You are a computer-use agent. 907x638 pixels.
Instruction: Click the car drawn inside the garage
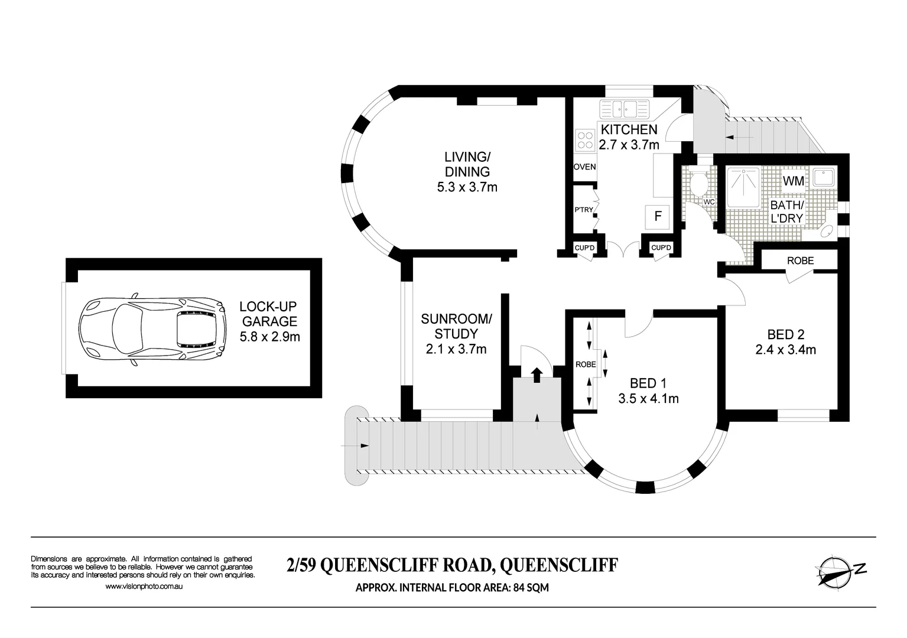[x=152, y=328]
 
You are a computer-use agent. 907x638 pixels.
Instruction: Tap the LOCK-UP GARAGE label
[x=268, y=314]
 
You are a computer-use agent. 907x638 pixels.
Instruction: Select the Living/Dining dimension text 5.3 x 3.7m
[x=467, y=188]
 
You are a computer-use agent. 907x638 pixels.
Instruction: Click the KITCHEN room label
[x=629, y=129]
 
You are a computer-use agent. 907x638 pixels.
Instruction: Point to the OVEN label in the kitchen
[x=584, y=167]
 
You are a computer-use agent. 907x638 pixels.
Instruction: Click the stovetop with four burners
[x=586, y=139]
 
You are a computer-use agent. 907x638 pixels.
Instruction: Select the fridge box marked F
[x=657, y=216]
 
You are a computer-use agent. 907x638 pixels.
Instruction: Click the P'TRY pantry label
[x=583, y=210]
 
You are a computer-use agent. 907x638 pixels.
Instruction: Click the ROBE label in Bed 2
[x=800, y=261]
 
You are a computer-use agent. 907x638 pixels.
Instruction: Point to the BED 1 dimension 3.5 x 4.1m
[x=648, y=399]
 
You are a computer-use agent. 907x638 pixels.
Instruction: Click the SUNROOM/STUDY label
[x=456, y=327]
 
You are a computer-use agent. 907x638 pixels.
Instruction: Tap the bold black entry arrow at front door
[x=537, y=375]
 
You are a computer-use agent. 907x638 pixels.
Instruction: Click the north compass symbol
[x=839, y=569]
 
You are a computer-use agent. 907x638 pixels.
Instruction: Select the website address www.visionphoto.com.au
[x=144, y=587]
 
